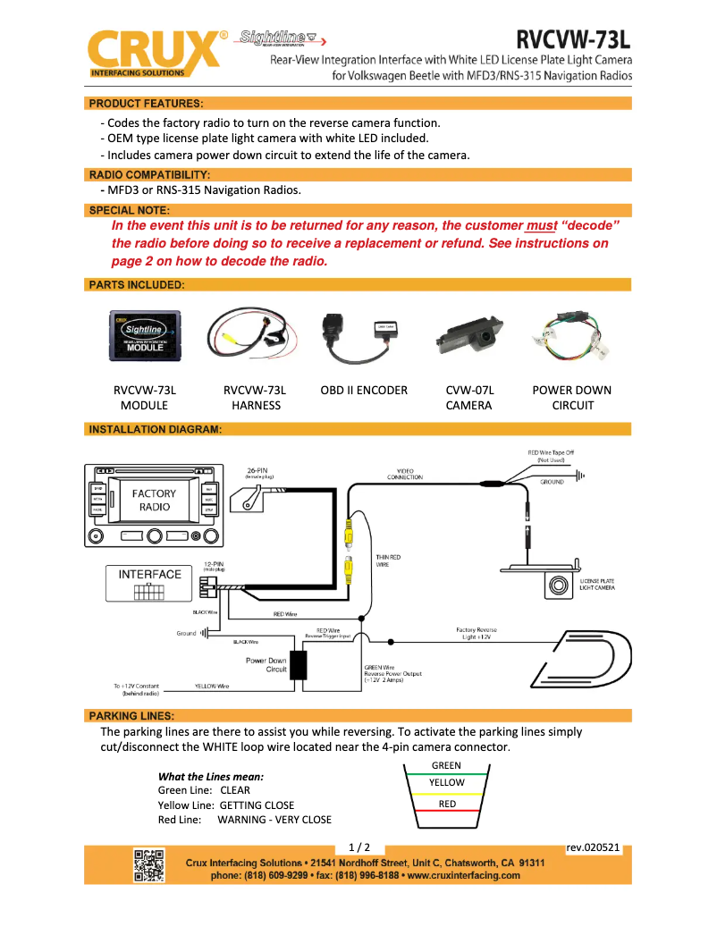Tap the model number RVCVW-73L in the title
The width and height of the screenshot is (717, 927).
tap(574, 39)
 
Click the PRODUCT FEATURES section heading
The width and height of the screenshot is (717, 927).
tap(146, 104)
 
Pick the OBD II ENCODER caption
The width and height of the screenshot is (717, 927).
tap(364, 390)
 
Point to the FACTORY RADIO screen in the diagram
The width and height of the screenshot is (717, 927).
tap(154, 501)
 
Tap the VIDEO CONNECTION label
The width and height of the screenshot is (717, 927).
tap(404, 474)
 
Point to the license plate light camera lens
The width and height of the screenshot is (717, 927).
tap(560, 586)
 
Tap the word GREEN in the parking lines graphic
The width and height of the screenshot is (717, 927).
tap(446, 765)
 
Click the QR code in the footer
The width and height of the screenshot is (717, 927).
tap(149, 865)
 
